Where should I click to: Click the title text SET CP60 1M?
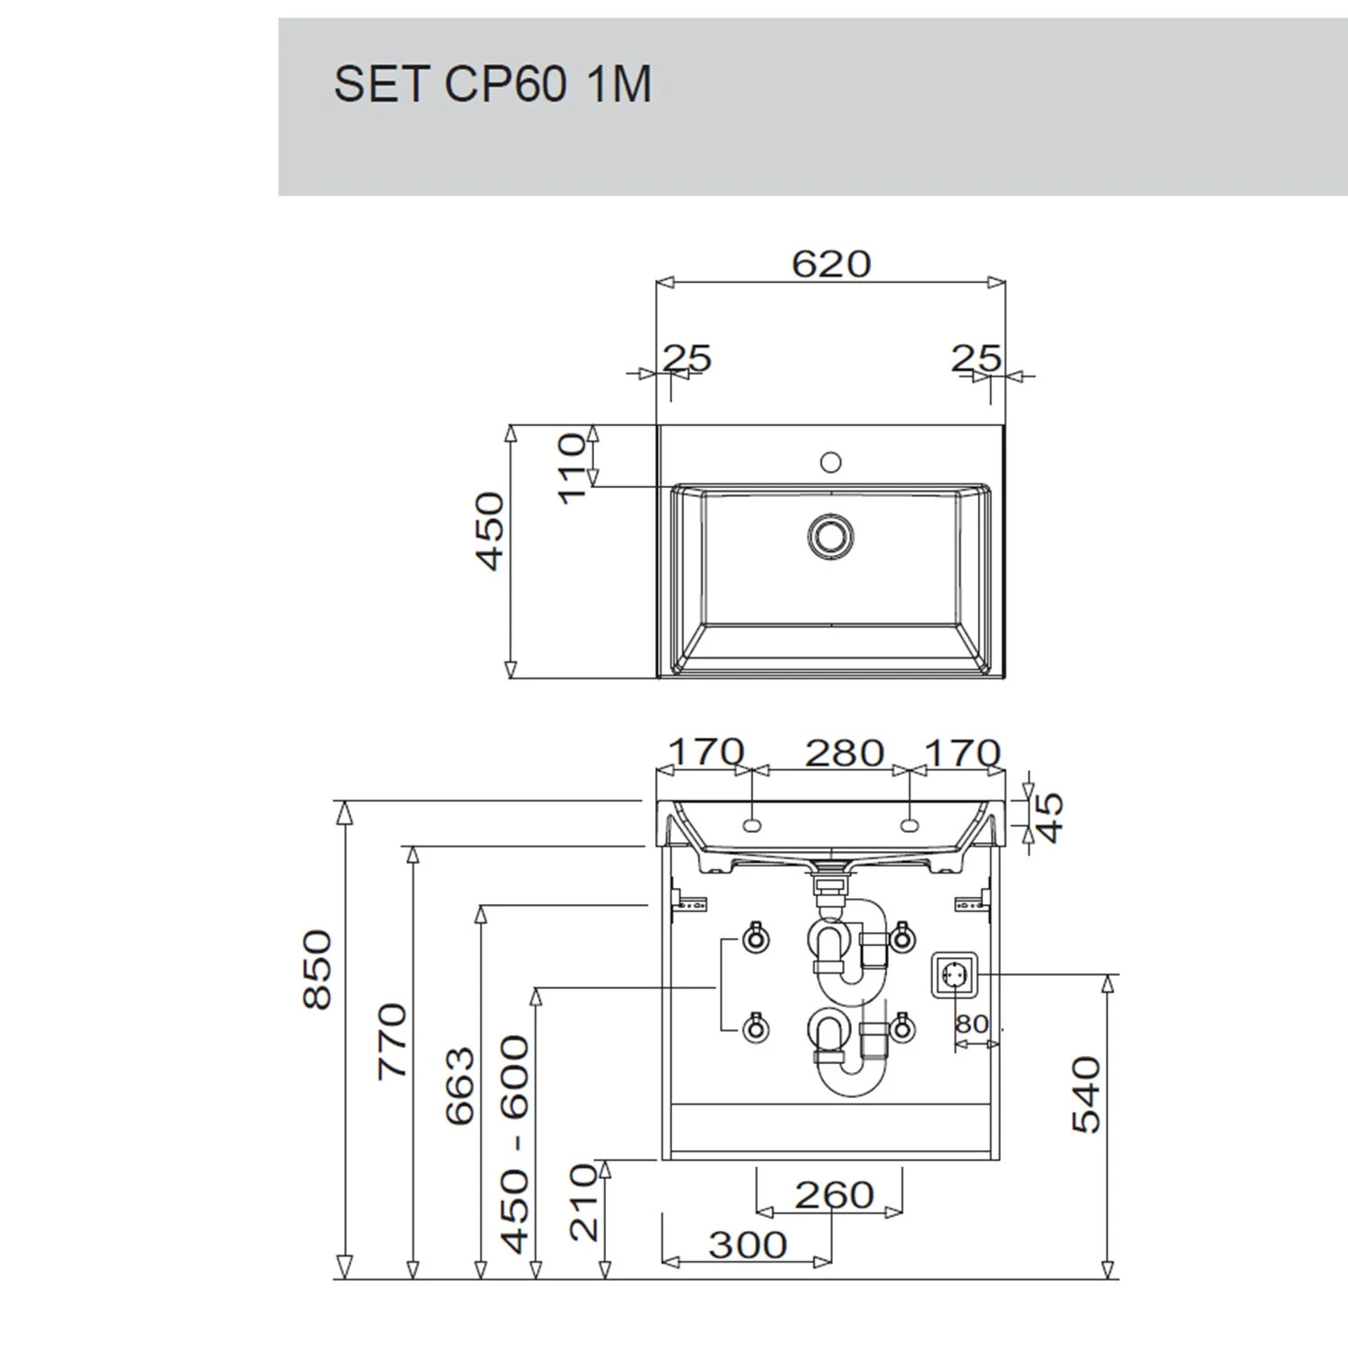tap(492, 84)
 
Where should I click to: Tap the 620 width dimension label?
tap(831, 263)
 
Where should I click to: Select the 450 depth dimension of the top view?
tap(491, 531)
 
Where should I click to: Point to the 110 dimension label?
tap(572, 468)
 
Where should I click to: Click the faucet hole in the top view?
tap(831, 462)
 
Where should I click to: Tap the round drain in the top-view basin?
tap(830, 537)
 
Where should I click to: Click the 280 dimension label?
tap(844, 753)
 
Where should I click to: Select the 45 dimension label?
tap(1050, 817)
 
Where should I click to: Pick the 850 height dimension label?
tap(317, 970)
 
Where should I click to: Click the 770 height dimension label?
tap(392, 1041)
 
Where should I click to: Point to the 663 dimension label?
tap(460, 1086)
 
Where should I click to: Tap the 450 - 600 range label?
tap(515, 1144)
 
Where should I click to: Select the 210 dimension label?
tap(584, 1202)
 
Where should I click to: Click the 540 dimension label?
tap(1086, 1095)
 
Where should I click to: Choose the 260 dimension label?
tap(834, 1195)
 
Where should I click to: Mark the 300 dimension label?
tap(748, 1245)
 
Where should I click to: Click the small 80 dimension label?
tap(972, 1024)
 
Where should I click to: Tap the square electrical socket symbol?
tap(953, 975)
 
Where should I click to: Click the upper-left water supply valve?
tap(755, 939)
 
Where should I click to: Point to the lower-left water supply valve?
tap(755, 1027)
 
